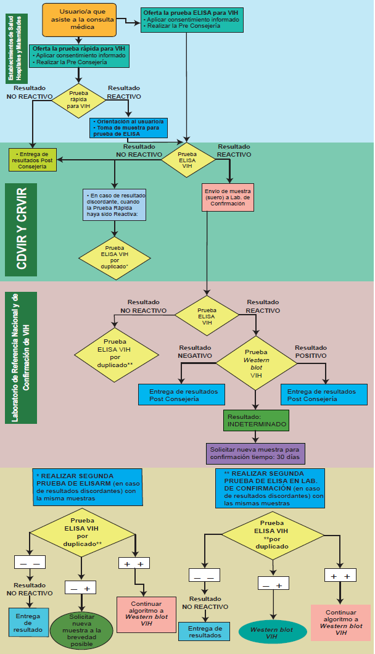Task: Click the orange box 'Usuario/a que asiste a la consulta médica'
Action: click(x=79, y=20)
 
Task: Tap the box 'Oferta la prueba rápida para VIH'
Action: click(x=79, y=55)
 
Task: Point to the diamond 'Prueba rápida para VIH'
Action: click(x=78, y=101)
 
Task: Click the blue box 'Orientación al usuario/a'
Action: click(x=128, y=128)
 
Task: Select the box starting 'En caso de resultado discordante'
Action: click(x=114, y=204)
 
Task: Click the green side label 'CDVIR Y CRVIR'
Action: click(x=27, y=229)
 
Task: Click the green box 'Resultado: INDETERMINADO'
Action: click(x=257, y=420)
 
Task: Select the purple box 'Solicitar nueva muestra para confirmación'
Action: click(x=255, y=453)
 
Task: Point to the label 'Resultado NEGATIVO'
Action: click(x=195, y=352)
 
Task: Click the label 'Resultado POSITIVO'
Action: click(x=311, y=352)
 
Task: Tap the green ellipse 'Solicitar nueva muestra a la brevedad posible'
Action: click(x=81, y=630)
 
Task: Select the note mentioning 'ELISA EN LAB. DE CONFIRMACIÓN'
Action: click(x=270, y=489)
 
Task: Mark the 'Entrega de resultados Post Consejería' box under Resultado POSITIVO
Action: click(x=321, y=395)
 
